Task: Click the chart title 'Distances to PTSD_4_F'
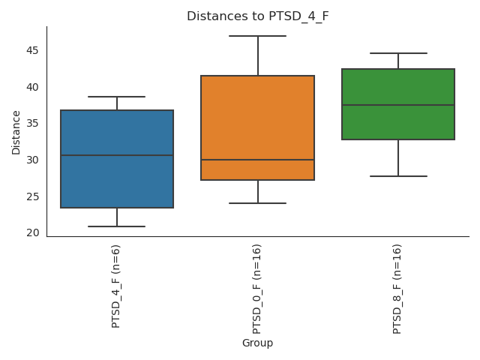coord(257,16)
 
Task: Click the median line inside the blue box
coord(117,155)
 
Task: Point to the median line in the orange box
coord(257,160)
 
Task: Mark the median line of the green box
coord(398,105)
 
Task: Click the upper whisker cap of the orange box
coord(257,36)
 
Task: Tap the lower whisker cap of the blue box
coord(117,226)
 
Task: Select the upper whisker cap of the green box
coord(398,53)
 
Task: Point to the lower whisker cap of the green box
coord(398,176)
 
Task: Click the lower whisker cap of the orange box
coord(257,203)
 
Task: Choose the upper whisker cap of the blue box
coord(117,97)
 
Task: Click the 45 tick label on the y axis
coord(33,50)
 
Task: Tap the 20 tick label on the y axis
coord(33,232)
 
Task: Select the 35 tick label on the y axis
coord(33,123)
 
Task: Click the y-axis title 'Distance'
coord(16,132)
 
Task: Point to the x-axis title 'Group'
coord(257,343)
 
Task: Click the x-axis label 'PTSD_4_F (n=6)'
coord(116,286)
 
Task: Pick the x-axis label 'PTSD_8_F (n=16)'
coord(397,289)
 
